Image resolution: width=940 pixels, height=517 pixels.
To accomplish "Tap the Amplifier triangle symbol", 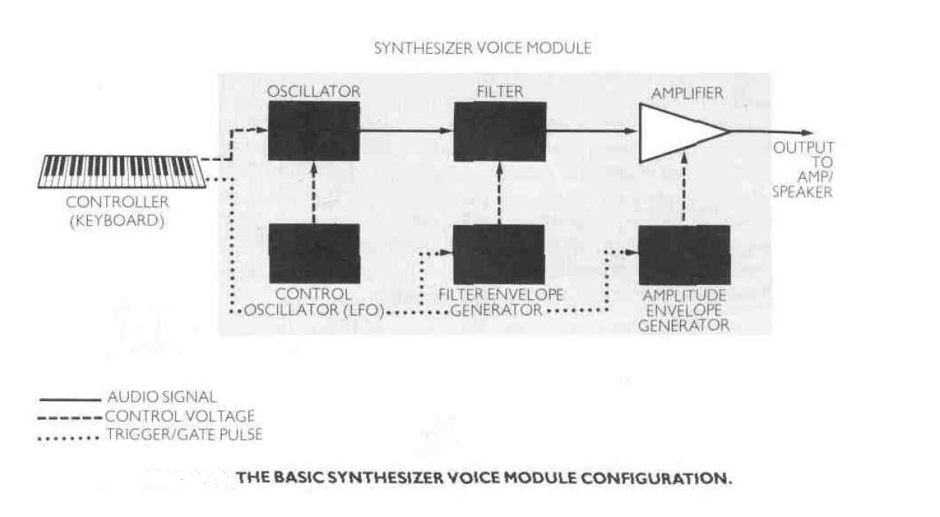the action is [x=674, y=133].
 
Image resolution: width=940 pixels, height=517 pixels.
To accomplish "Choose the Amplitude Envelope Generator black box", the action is [x=684, y=254].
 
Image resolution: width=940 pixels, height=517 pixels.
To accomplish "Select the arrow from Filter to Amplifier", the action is [x=592, y=130].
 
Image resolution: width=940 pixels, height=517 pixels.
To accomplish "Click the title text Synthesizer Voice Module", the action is [x=482, y=49].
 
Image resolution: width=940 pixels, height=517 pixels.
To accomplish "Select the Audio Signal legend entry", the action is [x=162, y=398].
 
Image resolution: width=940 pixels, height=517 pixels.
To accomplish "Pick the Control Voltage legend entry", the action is [x=180, y=417].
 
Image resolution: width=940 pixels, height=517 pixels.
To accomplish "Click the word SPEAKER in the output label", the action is [x=802, y=192].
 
